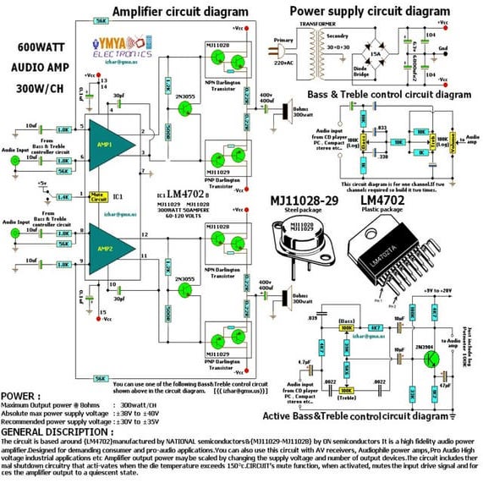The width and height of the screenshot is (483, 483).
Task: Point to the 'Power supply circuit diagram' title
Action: (370, 10)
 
